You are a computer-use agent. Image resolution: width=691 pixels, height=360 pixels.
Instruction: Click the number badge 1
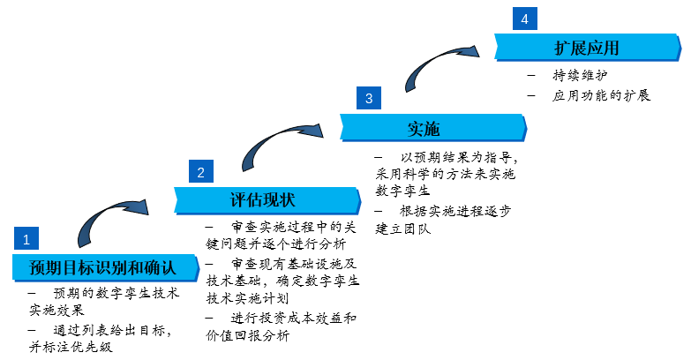(x=26, y=238)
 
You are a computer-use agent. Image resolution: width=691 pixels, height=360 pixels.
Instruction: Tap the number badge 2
(x=201, y=171)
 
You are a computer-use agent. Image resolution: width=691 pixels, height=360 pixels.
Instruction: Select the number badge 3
(x=369, y=98)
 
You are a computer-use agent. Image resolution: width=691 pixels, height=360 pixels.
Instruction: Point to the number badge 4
(x=525, y=19)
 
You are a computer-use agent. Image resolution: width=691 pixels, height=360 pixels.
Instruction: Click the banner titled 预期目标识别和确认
(x=105, y=267)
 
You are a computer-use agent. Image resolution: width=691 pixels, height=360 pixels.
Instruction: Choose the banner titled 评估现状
(x=267, y=200)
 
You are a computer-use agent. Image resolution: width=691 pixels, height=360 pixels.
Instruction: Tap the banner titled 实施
(x=433, y=128)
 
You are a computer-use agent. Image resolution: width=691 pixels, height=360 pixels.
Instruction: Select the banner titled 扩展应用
(x=588, y=47)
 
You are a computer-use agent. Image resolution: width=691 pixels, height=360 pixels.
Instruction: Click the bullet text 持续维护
(x=580, y=75)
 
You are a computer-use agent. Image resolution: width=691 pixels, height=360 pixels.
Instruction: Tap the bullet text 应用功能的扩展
(x=601, y=95)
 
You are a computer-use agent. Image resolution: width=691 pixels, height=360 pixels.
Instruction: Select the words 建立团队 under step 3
(x=402, y=229)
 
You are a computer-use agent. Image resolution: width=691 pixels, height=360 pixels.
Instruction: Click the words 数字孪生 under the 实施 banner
(x=402, y=191)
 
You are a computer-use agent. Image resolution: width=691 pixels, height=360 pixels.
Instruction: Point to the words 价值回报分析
(x=248, y=335)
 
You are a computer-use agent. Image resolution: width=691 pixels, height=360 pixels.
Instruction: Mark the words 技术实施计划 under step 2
(x=248, y=298)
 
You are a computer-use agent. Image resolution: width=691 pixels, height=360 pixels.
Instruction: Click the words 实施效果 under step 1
(x=56, y=310)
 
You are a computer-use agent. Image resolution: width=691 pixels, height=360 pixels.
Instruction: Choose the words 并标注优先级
(x=71, y=347)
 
